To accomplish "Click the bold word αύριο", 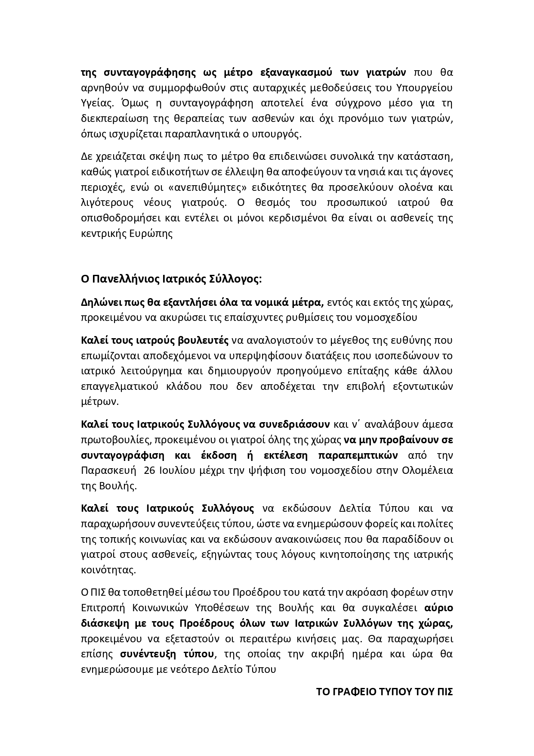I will (x=438, y=608).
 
